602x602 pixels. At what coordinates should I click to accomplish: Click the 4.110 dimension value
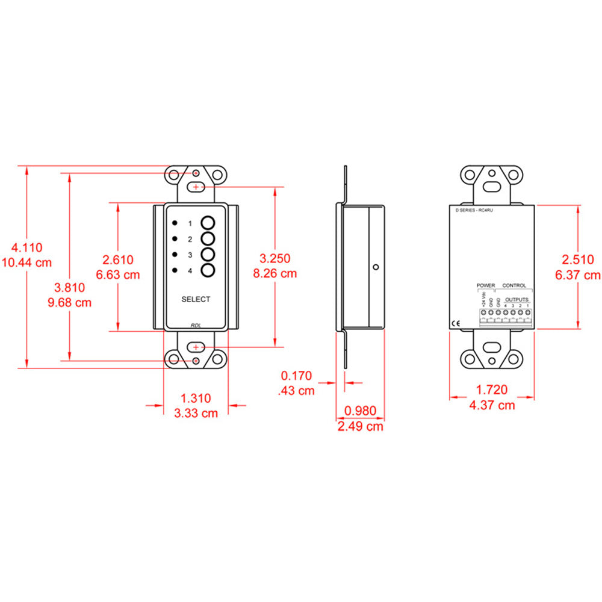click(27, 247)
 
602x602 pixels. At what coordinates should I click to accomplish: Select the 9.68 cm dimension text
click(70, 302)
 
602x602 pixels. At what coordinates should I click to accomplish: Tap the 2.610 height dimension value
click(118, 259)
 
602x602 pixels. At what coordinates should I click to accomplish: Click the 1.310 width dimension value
click(196, 398)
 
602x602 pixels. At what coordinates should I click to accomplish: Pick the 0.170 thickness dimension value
click(297, 376)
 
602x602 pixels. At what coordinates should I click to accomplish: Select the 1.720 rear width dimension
click(492, 390)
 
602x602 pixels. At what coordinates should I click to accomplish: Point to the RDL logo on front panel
click(196, 325)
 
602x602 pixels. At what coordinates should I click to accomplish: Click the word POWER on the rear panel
click(485, 285)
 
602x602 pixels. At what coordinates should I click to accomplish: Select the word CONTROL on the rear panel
click(514, 285)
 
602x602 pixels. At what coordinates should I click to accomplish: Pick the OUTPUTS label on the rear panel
click(517, 299)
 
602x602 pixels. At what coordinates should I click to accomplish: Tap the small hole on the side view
click(376, 267)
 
